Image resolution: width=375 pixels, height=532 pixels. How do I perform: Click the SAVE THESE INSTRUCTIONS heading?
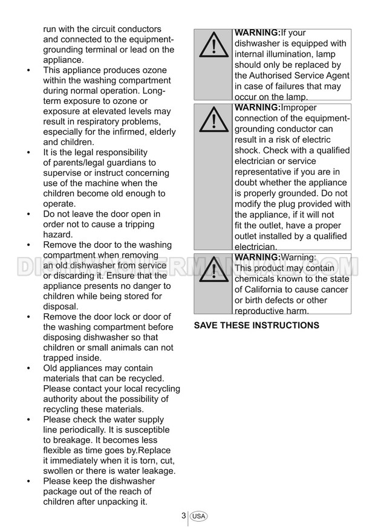pyautogui.click(x=256, y=325)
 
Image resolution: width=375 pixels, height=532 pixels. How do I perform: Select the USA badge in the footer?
pyautogui.click(x=198, y=516)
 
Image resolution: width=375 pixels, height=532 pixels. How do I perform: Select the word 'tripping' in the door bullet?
pyautogui.click(x=141, y=224)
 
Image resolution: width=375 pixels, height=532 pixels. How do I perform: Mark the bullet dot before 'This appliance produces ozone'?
pyautogui.click(x=29, y=71)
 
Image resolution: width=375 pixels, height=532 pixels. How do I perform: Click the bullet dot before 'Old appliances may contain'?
pyautogui.click(x=29, y=368)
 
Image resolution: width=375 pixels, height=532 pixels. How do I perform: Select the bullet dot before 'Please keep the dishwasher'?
pyautogui.click(x=29, y=481)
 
